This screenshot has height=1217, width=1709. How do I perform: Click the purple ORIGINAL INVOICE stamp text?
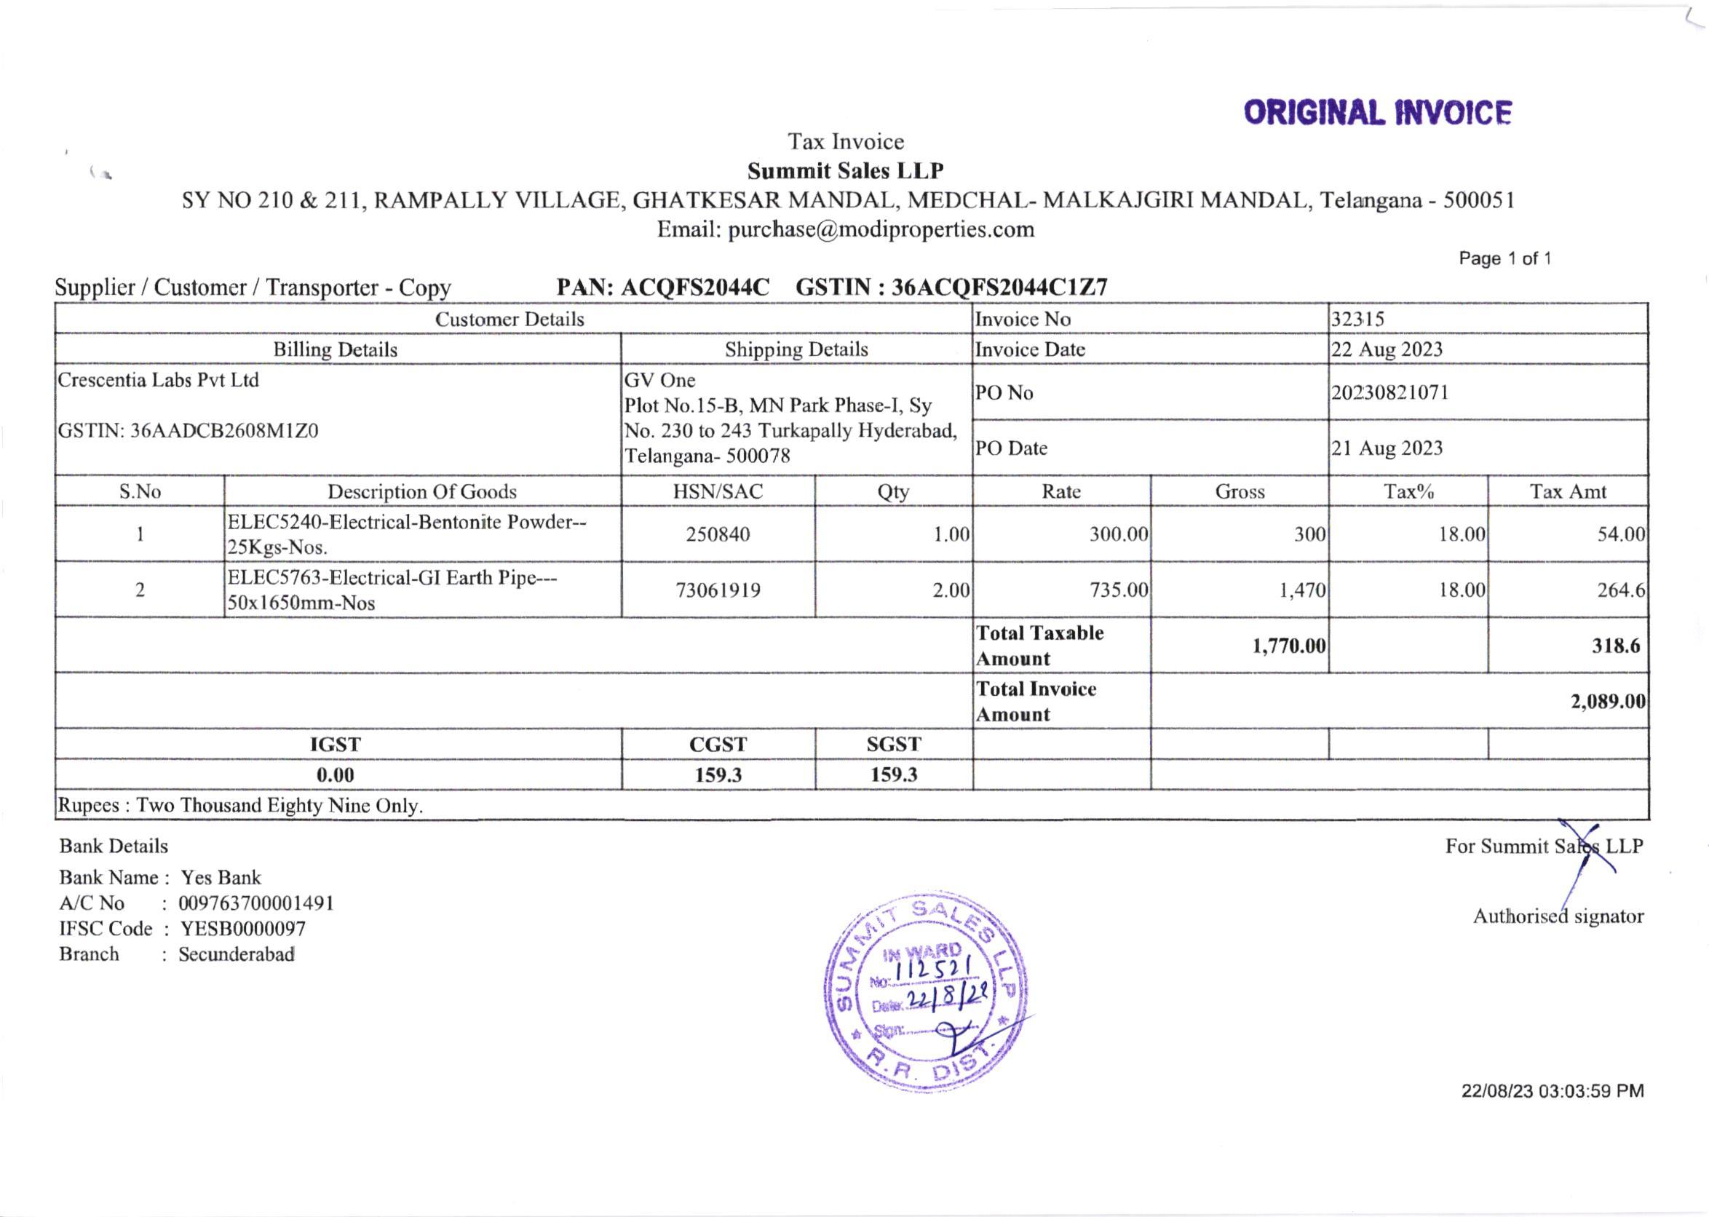(x=1377, y=113)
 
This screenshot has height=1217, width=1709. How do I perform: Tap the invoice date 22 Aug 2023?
(x=1386, y=350)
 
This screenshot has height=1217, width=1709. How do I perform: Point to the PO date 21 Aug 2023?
(x=1386, y=448)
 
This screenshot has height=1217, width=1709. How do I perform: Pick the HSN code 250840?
(x=718, y=534)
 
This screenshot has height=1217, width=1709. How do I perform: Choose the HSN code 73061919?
(x=718, y=590)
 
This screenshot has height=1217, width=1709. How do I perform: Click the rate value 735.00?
(x=1119, y=590)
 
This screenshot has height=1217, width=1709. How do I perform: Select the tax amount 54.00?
(x=1621, y=534)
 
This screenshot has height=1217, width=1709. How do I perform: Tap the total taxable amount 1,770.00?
(x=1289, y=646)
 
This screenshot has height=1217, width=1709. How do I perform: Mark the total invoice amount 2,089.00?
(x=1608, y=702)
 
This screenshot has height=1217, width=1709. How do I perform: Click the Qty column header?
(x=893, y=491)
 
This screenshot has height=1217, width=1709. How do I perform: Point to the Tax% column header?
(x=1408, y=491)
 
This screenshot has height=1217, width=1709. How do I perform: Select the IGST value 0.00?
(x=335, y=775)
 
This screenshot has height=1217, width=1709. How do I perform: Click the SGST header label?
(x=893, y=744)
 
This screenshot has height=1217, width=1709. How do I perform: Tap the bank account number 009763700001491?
(x=256, y=903)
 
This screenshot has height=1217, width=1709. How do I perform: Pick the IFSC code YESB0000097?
(x=243, y=929)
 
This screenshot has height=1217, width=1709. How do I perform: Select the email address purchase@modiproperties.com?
(x=881, y=229)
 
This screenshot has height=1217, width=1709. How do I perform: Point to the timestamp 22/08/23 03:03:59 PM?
(x=1553, y=1091)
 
